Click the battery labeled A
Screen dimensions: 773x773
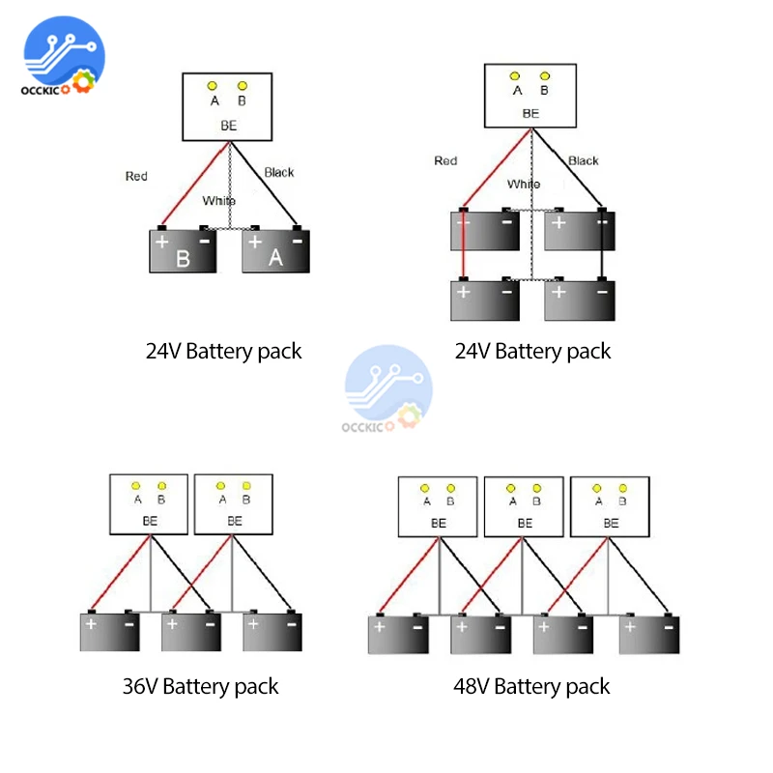[x=275, y=251]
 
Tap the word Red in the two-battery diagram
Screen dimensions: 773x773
[x=136, y=176]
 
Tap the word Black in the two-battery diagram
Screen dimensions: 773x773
[x=278, y=172]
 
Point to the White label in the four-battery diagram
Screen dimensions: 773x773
[x=524, y=184]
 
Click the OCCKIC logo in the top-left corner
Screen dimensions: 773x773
[x=60, y=61]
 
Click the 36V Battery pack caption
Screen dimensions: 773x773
[x=200, y=686]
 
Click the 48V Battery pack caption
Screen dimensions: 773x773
[x=532, y=686]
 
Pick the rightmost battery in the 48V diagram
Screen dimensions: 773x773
[x=648, y=635]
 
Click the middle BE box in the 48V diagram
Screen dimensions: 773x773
[x=523, y=506]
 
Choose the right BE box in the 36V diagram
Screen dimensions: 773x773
[x=234, y=503]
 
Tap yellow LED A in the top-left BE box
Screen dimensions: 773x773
[x=215, y=86]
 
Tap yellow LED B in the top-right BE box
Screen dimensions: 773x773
[x=545, y=75]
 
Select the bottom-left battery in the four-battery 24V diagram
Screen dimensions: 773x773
[x=484, y=300]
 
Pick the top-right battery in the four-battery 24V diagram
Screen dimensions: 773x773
[x=579, y=231]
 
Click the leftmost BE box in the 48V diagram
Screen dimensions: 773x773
[x=439, y=506]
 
